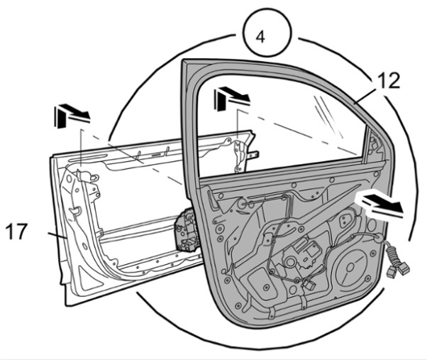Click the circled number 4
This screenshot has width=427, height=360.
point(267,33)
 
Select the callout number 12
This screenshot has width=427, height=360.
point(389,81)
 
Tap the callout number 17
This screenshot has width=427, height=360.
point(16,231)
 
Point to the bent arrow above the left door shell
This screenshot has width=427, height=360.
point(72,116)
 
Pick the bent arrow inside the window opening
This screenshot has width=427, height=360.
point(231,99)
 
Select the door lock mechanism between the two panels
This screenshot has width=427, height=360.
point(187,230)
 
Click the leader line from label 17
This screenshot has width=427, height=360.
point(57,236)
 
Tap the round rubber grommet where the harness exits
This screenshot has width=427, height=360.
point(377,237)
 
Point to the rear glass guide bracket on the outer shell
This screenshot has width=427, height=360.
point(240,155)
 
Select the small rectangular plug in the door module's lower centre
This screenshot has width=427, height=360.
point(309,285)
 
